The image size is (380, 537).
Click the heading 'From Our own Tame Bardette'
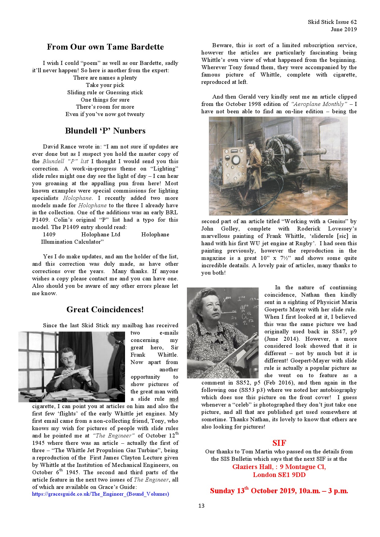coord(105,47)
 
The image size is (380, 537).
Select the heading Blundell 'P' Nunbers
coord(105,131)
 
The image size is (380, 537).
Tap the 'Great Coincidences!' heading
coord(105,310)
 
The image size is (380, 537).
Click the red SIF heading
coord(279,443)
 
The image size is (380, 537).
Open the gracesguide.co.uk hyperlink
coord(101,494)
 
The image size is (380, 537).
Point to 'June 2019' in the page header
coord(344,29)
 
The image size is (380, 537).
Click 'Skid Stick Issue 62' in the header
coord(332,22)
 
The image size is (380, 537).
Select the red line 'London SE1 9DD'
coord(279,475)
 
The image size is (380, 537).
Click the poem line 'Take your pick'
coord(105,85)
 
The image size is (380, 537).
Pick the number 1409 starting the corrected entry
coord(49,235)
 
